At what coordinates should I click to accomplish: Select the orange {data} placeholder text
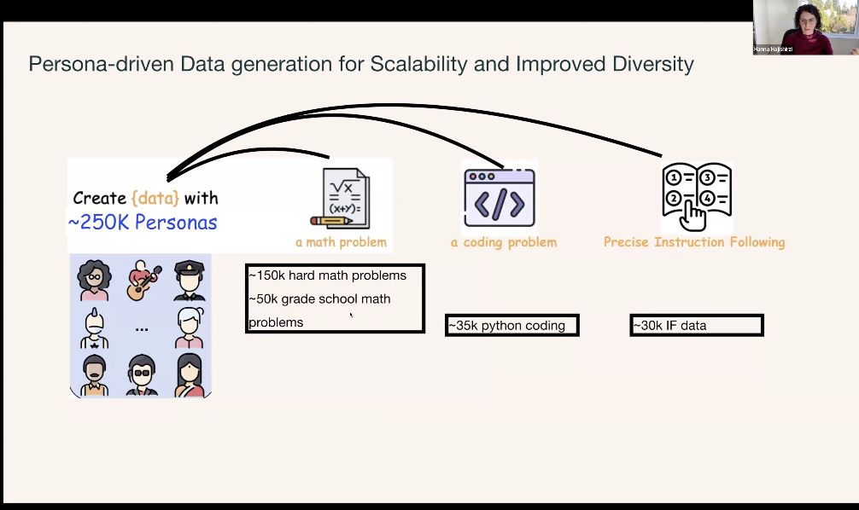tap(155, 198)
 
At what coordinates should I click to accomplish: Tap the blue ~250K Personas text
tap(143, 223)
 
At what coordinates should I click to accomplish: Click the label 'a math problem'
tap(341, 242)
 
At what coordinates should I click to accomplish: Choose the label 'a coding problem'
tap(504, 242)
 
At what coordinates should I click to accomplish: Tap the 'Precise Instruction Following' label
tap(694, 242)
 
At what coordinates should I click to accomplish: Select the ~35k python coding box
tap(511, 325)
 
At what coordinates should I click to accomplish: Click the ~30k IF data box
tap(696, 325)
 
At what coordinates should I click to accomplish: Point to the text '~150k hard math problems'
tap(328, 275)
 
